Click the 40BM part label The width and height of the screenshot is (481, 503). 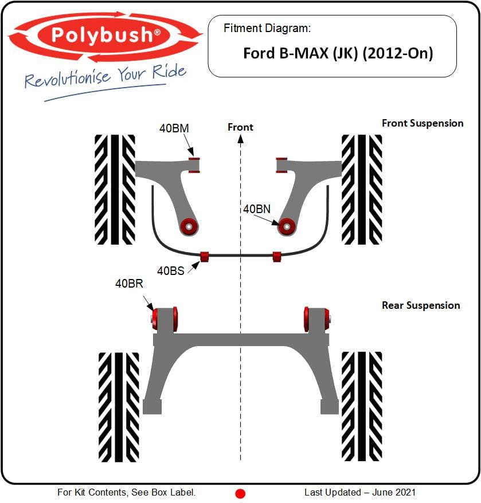(x=174, y=128)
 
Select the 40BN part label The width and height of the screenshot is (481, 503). (x=256, y=209)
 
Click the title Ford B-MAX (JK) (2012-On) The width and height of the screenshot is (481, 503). (x=338, y=53)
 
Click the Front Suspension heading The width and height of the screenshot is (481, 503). (x=422, y=123)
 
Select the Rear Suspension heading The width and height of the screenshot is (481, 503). (x=421, y=305)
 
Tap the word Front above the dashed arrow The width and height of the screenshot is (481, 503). (x=240, y=127)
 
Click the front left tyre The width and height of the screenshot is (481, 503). (x=115, y=189)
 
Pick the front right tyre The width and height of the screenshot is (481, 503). (x=362, y=189)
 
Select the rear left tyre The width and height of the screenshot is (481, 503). (x=119, y=407)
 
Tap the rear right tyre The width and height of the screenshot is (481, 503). (x=362, y=407)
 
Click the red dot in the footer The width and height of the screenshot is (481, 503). (x=240, y=493)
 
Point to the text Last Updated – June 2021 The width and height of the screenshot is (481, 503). (x=359, y=492)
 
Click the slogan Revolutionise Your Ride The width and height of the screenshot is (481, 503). (x=105, y=76)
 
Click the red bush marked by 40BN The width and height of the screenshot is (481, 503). (x=286, y=226)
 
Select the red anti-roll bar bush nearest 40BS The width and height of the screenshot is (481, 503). (x=205, y=256)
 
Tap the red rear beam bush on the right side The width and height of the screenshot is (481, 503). (x=316, y=319)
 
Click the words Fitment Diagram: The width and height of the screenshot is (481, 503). (x=267, y=28)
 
